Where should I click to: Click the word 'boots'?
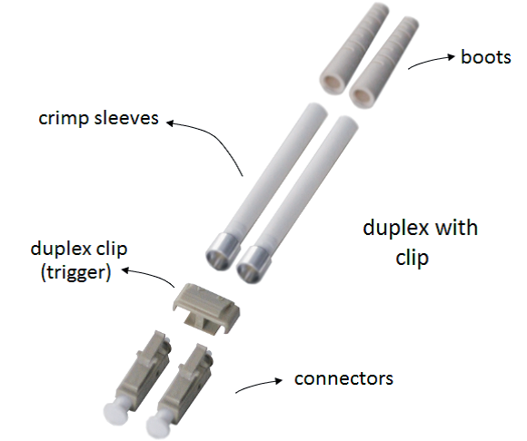tap(486, 57)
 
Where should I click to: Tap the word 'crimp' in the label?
tap(64, 119)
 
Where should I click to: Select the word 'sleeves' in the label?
tap(126, 118)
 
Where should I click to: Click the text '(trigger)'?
tap(75, 272)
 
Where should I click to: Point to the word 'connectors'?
tap(343, 378)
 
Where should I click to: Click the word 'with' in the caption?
tap(456, 228)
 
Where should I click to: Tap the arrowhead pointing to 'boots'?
tap(451, 57)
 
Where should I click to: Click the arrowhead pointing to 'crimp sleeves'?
tap(171, 123)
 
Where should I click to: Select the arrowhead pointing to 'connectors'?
tap(279, 380)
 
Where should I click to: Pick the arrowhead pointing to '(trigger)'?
tap(125, 270)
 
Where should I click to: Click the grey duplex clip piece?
tap(206, 308)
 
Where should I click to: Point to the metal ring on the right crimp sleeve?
tap(254, 264)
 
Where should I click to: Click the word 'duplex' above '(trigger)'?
tap(59, 249)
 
